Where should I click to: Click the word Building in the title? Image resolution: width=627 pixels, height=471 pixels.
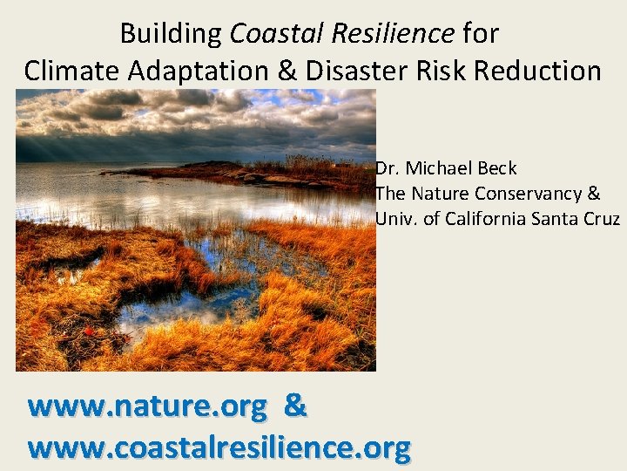[171, 34]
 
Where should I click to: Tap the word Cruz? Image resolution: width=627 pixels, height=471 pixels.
[601, 219]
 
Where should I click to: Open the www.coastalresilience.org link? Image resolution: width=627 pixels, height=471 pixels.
[219, 447]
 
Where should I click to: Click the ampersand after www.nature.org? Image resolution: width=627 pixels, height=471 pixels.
[296, 406]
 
